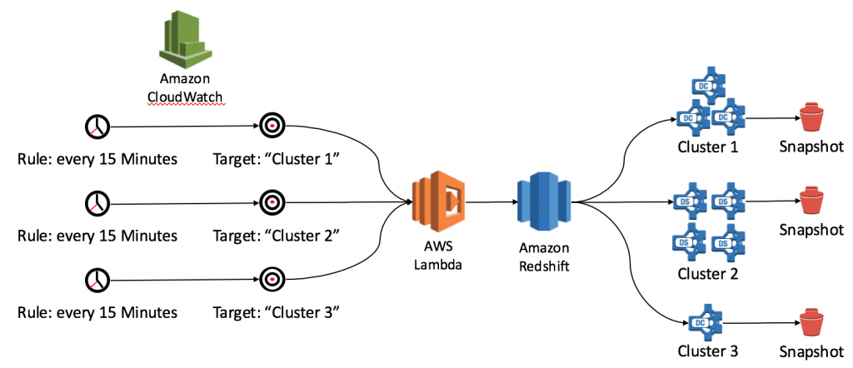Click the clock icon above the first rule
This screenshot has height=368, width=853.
(x=97, y=127)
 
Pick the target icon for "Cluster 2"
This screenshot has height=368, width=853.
(x=272, y=203)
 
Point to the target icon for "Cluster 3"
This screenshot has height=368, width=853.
(x=272, y=280)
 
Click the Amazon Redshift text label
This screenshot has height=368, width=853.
(x=544, y=258)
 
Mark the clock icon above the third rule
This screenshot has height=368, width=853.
(x=97, y=280)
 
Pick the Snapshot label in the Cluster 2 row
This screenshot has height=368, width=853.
(x=811, y=231)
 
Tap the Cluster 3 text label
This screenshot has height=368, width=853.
(x=708, y=351)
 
